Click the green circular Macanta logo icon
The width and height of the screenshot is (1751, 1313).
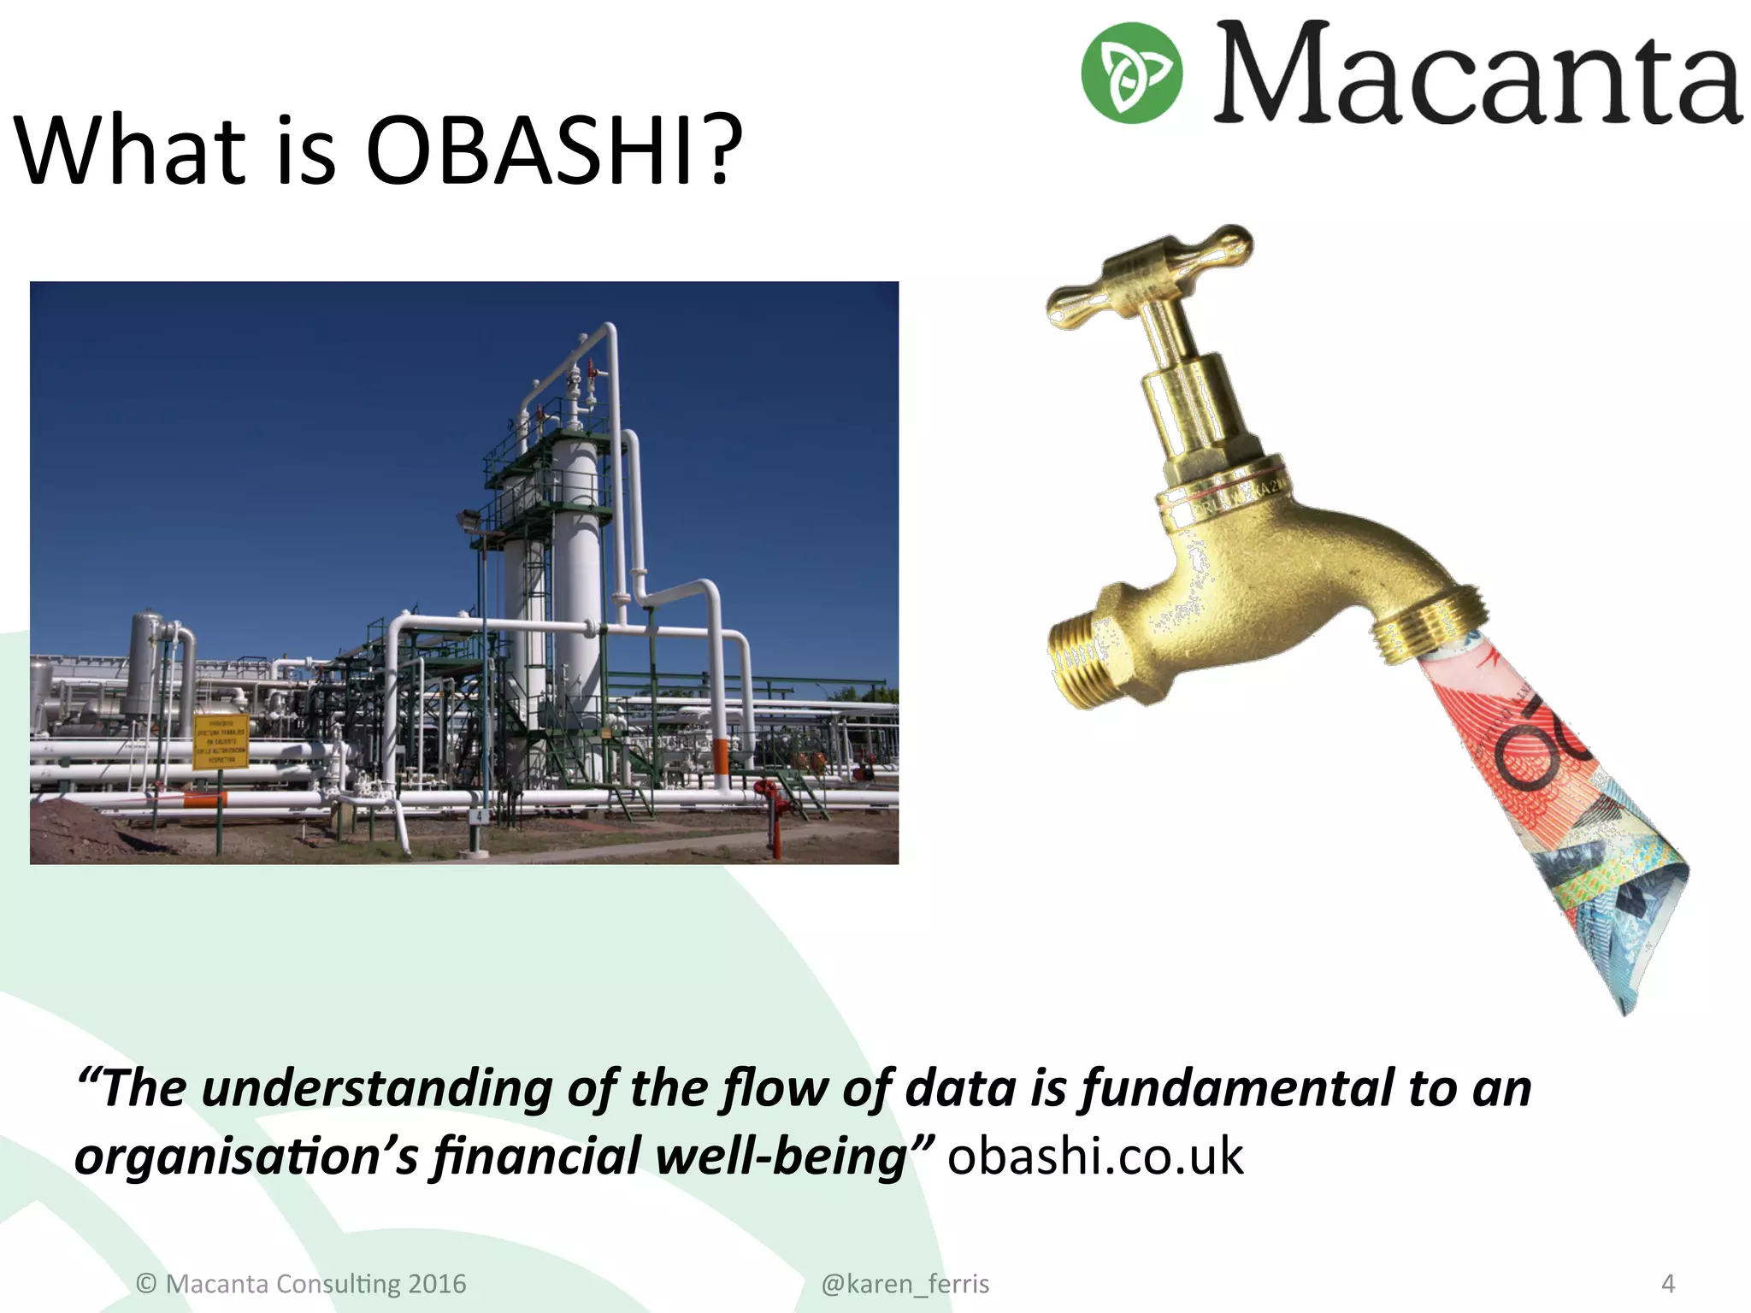[x=1131, y=73]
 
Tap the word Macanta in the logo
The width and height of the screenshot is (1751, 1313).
[x=1477, y=75]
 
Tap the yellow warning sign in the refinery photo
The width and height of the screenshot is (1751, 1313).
[x=221, y=740]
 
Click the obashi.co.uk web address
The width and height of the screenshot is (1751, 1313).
[x=1094, y=1157]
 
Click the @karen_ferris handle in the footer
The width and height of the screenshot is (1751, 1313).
[x=905, y=1284]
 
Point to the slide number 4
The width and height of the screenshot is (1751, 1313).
[x=1667, y=1284]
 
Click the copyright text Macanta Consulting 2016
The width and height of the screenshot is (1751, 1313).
[x=302, y=1284]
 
